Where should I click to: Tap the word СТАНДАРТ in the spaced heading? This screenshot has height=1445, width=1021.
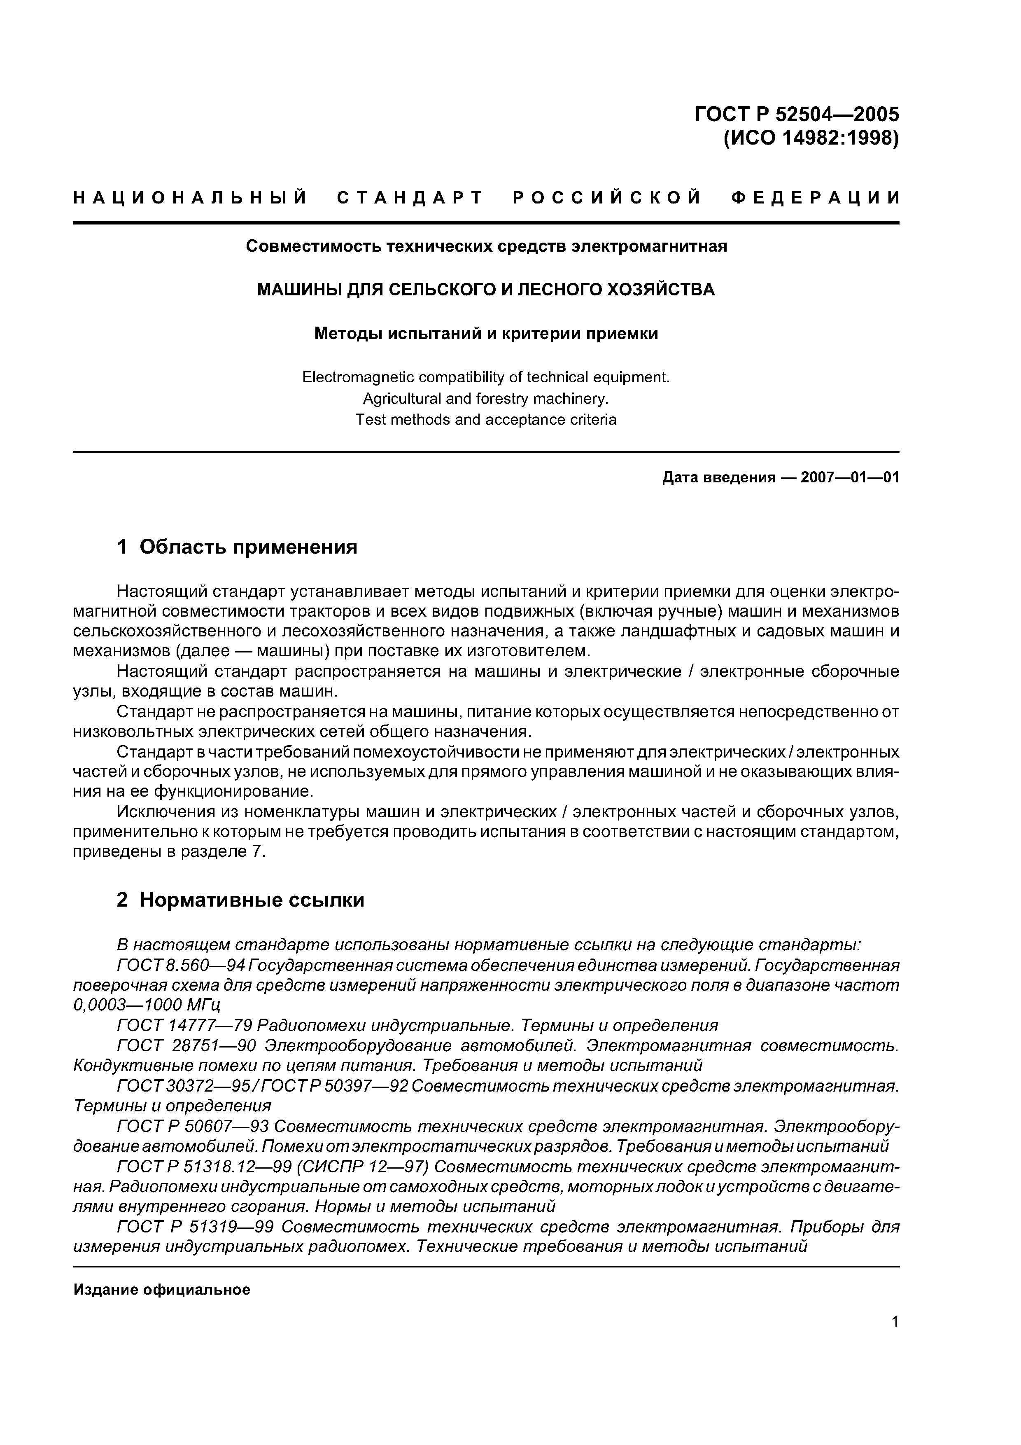pyautogui.click(x=410, y=198)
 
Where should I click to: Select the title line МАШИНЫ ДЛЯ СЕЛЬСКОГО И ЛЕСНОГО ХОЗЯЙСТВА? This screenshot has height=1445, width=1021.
pyautogui.click(x=486, y=290)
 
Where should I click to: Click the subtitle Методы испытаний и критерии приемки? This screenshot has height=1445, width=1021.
pyautogui.click(x=486, y=334)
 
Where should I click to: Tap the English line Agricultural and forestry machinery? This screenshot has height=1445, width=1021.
pyautogui.click(x=486, y=398)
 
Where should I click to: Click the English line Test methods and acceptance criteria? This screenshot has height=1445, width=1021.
pyautogui.click(x=486, y=420)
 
